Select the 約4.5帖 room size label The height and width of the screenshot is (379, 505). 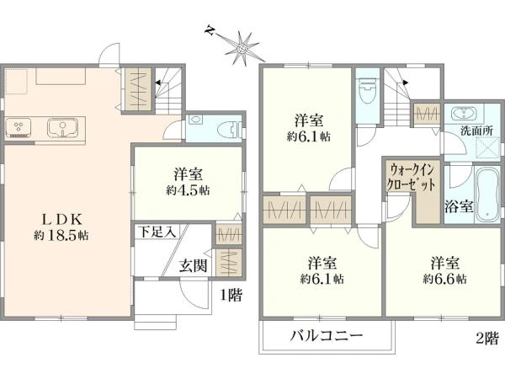tap(187, 190)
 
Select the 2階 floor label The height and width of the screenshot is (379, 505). tap(486, 339)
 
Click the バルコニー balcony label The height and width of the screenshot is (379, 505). tap(327, 336)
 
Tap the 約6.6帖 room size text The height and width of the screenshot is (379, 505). tap(444, 277)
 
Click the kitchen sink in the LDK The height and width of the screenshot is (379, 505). tap(61, 129)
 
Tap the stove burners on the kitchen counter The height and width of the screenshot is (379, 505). tap(19, 128)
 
